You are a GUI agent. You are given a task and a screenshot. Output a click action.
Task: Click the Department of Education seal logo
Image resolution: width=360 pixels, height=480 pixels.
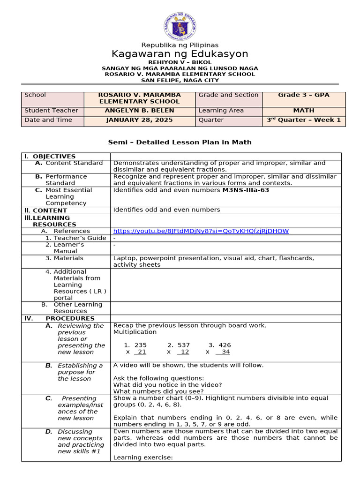pos(180,26)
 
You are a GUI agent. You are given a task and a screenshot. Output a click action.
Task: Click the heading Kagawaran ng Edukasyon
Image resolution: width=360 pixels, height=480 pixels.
pos(180,53)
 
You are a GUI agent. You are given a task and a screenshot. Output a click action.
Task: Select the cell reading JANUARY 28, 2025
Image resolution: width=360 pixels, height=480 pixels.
pos(139,120)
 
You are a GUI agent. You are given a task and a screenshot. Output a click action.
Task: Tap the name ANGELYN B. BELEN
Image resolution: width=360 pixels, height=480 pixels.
pos(139,111)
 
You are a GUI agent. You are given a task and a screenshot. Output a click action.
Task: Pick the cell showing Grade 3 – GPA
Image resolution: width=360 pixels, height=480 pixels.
pos(304,95)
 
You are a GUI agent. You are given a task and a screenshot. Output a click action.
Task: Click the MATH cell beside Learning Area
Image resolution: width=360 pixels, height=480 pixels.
pos(304,111)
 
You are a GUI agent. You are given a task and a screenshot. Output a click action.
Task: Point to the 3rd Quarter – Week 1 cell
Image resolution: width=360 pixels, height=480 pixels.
pos(304,120)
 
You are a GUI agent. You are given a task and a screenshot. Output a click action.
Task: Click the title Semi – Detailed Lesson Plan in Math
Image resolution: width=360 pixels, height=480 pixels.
pos(180,142)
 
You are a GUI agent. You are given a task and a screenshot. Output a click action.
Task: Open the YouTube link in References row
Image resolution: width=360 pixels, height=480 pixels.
pos(201,231)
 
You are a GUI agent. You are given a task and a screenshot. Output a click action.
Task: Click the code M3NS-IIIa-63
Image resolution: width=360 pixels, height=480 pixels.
pos(246,190)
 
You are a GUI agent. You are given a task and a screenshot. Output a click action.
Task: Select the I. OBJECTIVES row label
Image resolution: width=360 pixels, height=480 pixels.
pos(52,156)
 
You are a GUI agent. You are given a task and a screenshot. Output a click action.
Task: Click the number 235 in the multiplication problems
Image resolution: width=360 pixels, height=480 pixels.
pos(140,345)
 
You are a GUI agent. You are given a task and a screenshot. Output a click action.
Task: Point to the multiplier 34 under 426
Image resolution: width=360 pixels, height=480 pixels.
pos(225,352)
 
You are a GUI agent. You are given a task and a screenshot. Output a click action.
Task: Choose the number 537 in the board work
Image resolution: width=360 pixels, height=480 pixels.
pos(183,345)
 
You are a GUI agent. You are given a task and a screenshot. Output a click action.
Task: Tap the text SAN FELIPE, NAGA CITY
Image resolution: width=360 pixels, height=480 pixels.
pos(180,80)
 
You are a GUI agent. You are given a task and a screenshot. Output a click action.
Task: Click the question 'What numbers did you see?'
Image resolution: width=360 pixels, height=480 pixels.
pos(158,391)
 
